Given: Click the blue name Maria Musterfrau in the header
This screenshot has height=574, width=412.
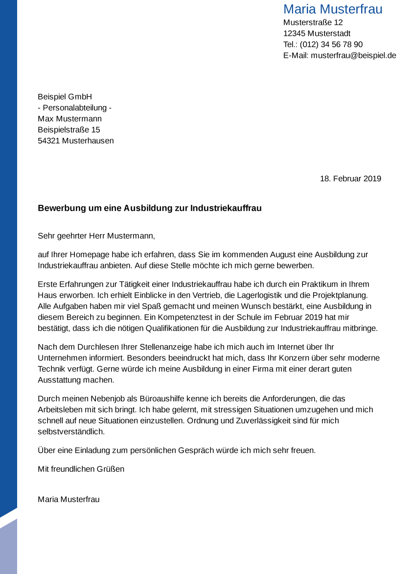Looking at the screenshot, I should point(333,9).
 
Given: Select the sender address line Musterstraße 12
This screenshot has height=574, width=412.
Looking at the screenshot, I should point(313,22).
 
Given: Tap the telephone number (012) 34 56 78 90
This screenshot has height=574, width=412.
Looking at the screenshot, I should point(331,44).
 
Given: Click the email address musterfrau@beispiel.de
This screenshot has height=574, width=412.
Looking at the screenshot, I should point(353,55).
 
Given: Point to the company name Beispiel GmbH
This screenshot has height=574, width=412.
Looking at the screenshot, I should point(65,97).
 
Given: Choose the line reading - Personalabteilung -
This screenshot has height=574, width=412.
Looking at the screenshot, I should point(74,108).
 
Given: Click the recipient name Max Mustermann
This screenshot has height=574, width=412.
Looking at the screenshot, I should point(69,119).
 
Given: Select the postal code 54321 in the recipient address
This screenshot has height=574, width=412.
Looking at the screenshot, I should point(49,141).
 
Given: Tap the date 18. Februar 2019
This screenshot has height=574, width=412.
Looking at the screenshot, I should point(350,178).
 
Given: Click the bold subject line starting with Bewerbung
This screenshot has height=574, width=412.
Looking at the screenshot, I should point(150,208).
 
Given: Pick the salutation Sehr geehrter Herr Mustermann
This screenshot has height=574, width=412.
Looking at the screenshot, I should point(96,236).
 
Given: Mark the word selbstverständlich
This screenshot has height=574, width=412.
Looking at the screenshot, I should point(71,432).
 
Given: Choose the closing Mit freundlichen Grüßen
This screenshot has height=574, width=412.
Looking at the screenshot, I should point(81,469).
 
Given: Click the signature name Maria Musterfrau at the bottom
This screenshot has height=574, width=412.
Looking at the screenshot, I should point(69,499).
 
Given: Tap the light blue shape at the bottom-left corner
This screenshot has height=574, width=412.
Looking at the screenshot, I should point(8,548).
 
